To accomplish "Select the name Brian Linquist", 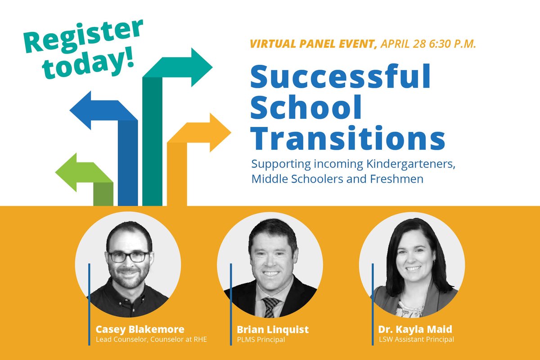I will tap(273, 330).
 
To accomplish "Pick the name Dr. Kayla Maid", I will tap(414, 330).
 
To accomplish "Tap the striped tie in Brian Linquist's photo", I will tap(270, 306).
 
